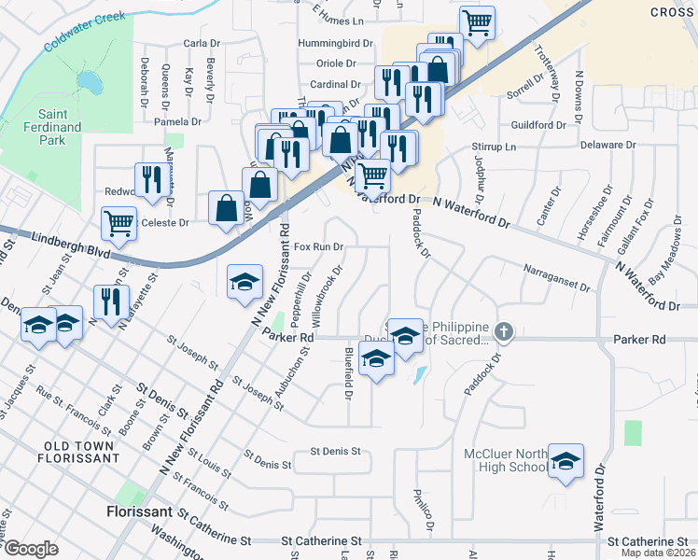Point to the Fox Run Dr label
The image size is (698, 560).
pos(319,247)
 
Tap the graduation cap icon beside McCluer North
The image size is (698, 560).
pos(565,461)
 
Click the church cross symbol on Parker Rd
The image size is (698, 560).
pos(503,330)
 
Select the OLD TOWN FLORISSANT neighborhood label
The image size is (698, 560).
pos(78,452)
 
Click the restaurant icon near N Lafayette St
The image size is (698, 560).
pos(111,301)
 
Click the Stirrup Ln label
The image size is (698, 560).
pos(494,147)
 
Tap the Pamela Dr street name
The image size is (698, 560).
pos(177,121)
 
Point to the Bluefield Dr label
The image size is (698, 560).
pos(348,373)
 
